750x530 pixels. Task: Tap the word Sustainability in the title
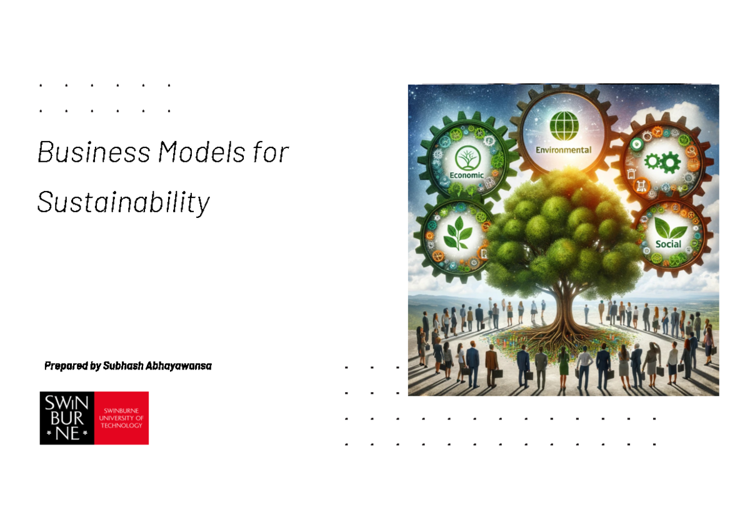coord(124,202)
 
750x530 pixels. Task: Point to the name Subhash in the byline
coord(122,366)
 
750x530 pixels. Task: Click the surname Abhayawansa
coord(178,366)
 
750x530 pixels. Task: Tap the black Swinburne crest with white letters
coord(67,418)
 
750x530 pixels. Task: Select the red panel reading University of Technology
coord(121,418)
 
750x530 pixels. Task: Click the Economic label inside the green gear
coord(467,175)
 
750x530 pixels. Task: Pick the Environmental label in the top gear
coord(562,150)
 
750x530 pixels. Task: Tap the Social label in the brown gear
coord(668,244)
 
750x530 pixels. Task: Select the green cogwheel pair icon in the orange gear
coord(661,162)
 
